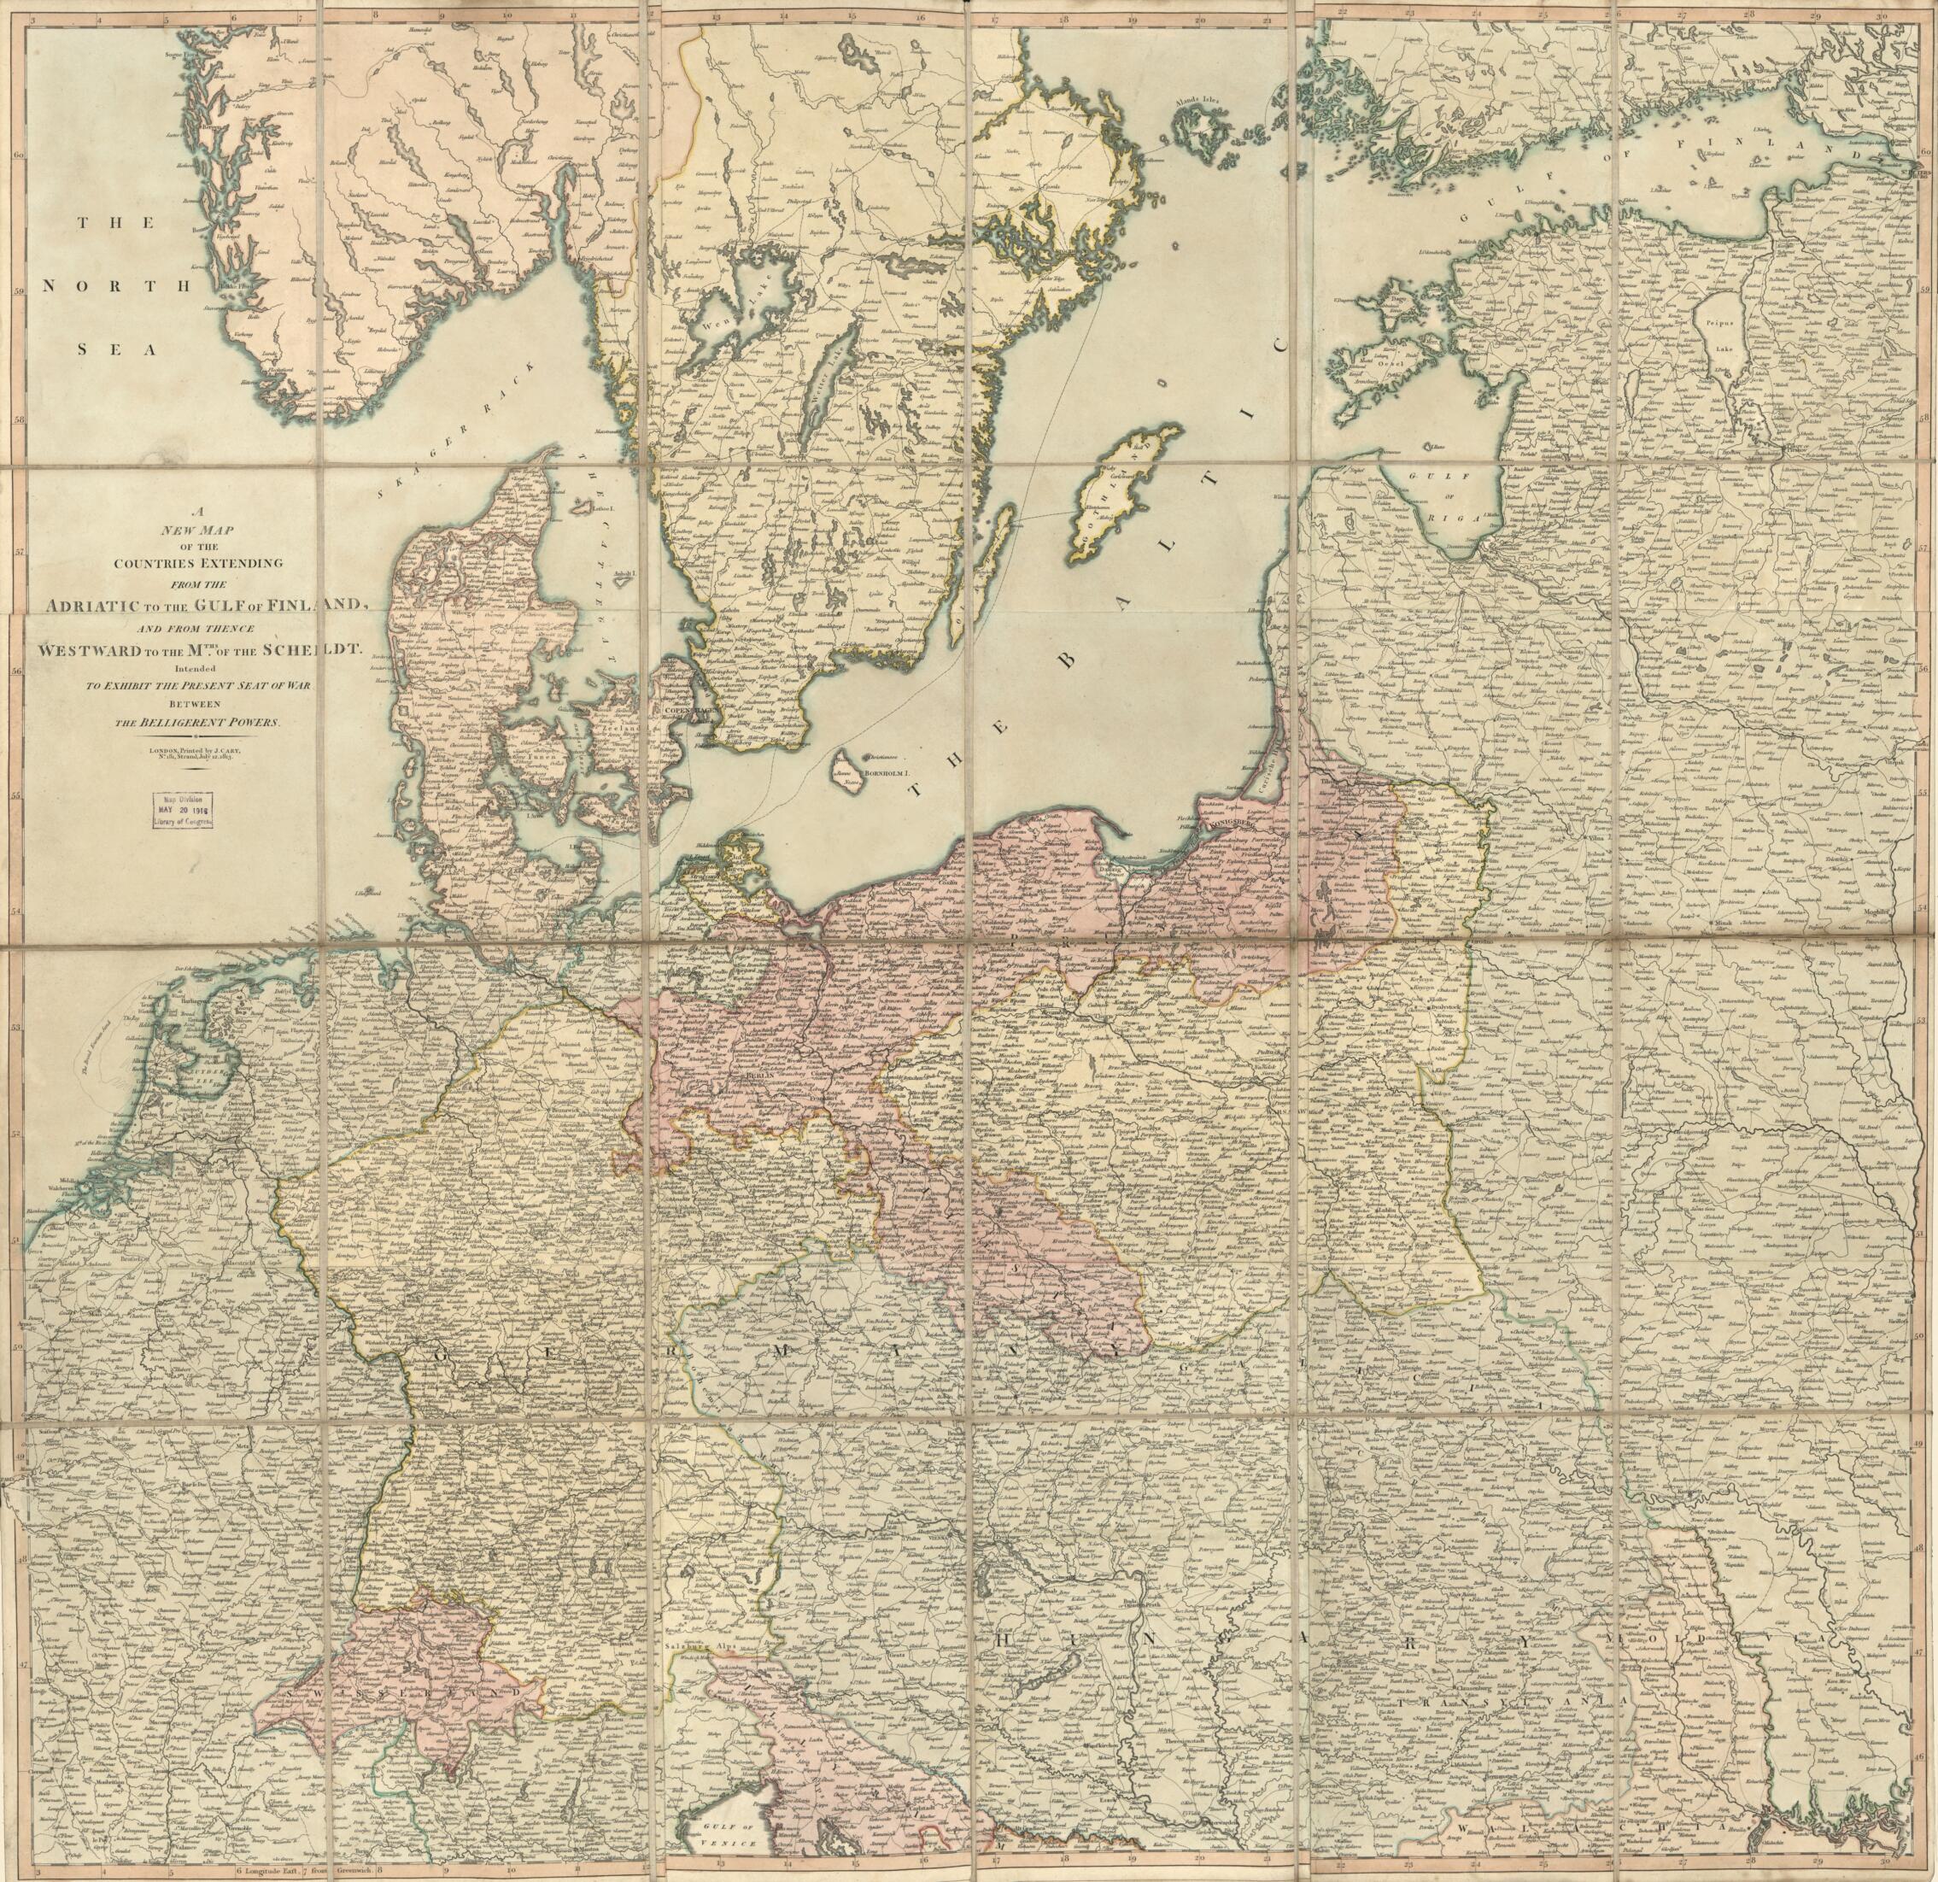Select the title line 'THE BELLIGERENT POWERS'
(x=199, y=723)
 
